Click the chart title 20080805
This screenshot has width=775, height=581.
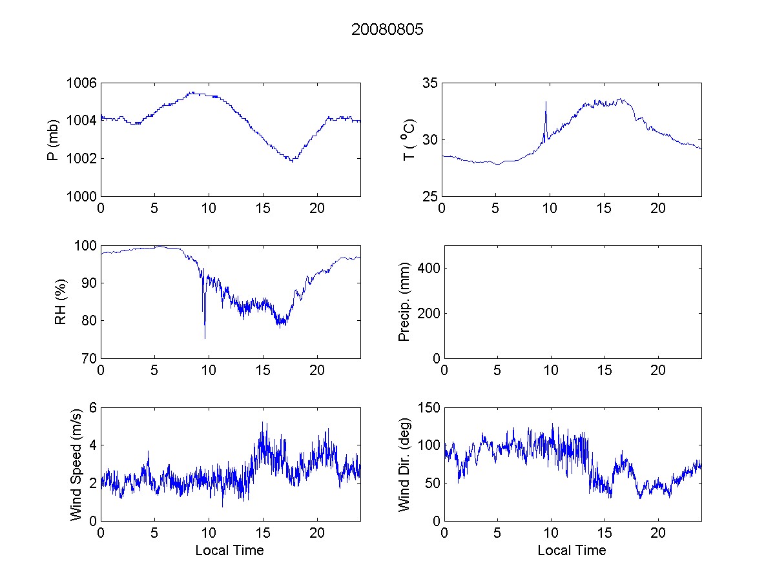[x=387, y=30]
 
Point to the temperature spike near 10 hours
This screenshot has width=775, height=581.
[x=546, y=103]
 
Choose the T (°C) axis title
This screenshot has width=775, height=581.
[x=408, y=139]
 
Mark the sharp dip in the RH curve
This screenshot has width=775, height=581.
[x=205, y=337]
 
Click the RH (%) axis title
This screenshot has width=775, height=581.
[x=61, y=301]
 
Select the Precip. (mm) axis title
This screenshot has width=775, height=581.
[x=405, y=301]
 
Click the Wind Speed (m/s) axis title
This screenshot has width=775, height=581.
[x=77, y=464]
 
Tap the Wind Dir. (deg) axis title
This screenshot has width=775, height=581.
[x=405, y=464]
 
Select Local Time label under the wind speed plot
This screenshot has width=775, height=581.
[x=229, y=551]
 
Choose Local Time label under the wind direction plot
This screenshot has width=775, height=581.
[x=572, y=551]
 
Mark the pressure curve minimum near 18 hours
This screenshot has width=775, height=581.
[x=292, y=161]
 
